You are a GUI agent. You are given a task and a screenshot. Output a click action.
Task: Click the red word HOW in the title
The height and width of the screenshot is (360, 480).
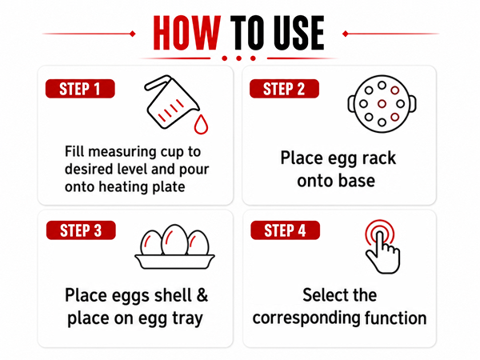point(186,33)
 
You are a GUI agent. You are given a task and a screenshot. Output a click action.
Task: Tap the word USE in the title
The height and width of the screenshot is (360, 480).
point(298,33)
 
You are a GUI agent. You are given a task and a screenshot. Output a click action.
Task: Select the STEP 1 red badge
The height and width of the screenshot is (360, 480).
point(80,89)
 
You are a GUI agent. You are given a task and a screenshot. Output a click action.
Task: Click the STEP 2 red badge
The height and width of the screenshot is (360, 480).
point(284,89)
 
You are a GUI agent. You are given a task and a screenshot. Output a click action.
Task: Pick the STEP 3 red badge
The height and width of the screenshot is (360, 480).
point(81,230)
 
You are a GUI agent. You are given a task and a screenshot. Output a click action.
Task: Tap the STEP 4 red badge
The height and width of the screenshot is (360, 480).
point(285,230)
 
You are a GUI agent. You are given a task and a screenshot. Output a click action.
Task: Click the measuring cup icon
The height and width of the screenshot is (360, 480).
point(171,102)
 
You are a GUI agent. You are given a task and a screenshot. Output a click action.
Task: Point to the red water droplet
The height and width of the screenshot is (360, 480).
point(201,124)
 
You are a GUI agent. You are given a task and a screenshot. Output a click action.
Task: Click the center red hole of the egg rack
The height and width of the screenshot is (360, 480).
point(382,104)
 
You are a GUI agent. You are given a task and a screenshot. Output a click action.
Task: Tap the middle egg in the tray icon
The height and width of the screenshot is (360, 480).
point(174,240)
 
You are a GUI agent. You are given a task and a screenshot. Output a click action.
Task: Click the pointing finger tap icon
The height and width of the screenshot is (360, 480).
point(382,246)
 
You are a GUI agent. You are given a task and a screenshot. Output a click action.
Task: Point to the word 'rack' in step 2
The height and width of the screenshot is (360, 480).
point(378,158)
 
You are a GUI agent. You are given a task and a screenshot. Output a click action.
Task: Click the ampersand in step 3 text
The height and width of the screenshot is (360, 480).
point(202,295)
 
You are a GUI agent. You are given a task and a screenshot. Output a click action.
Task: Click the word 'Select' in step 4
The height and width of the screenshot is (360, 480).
point(321,295)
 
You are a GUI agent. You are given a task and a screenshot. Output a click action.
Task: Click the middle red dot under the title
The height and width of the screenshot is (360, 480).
point(238,58)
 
